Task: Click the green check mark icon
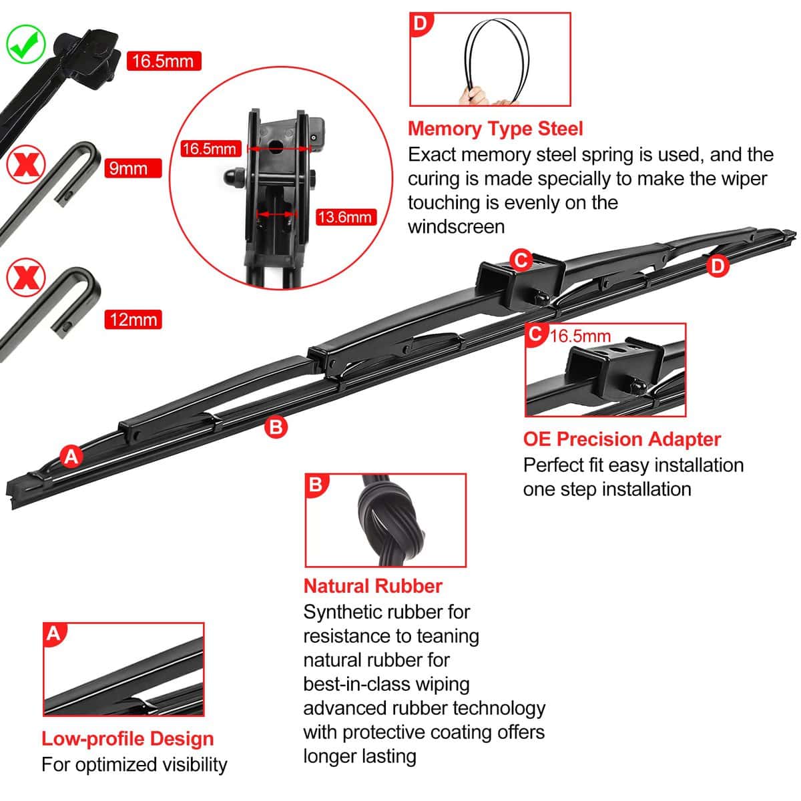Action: pyautogui.click(x=25, y=43)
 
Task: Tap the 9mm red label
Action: pyautogui.click(x=133, y=168)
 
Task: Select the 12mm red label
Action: pyautogui.click(x=133, y=319)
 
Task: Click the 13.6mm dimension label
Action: pyautogui.click(x=344, y=217)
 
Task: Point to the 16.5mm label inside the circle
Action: pyautogui.click(x=210, y=148)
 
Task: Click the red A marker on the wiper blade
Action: pyautogui.click(x=71, y=457)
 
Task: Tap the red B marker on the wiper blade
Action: pyautogui.click(x=276, y=427)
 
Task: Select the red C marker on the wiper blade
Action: pyautogui.click(x=521, y=260)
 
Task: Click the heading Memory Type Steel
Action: pyautogui.click(x=495, y=128)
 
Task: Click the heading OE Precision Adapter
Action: pyautogui.click(x=622, y=439)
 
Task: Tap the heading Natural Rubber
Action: pyautogui.click(x=373, y=586)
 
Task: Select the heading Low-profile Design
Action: pyautogui.click(x=127, y=739)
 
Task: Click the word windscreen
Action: pyautogui.click(x=456, y=226)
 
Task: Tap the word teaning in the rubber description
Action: pyautogui.click(x=447, y=635)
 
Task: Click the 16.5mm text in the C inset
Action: pyautogui.click(x=580, y=336)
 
